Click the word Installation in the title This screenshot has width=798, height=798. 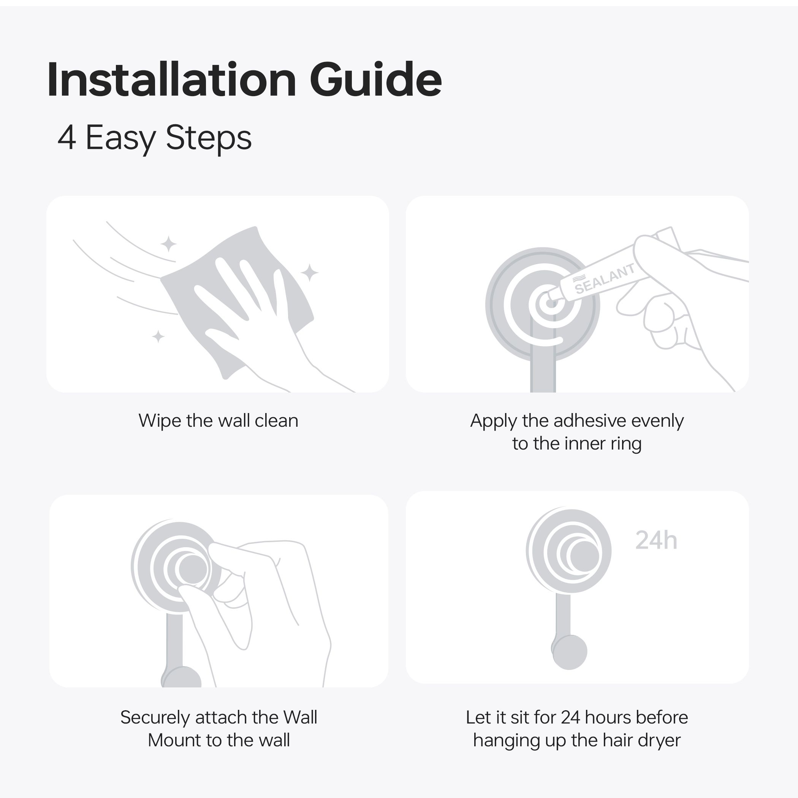(x=172, y=79)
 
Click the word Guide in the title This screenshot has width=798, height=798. (x=375, y=79)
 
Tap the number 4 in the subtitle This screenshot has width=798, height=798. (x=66, y=138)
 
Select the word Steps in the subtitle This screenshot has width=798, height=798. (x=209, y=139)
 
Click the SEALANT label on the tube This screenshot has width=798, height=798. (x=604, y=279)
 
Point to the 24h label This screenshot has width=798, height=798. (x=656, y=540)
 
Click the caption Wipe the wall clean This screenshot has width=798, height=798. (x=218, y=421)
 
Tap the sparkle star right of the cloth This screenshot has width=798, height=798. (x=309, y=272)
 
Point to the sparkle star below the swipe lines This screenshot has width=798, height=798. (x=158, y=337)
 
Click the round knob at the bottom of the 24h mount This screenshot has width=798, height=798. (x=570, y=652)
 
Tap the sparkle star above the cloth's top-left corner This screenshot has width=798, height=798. (x=168, y=244)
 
